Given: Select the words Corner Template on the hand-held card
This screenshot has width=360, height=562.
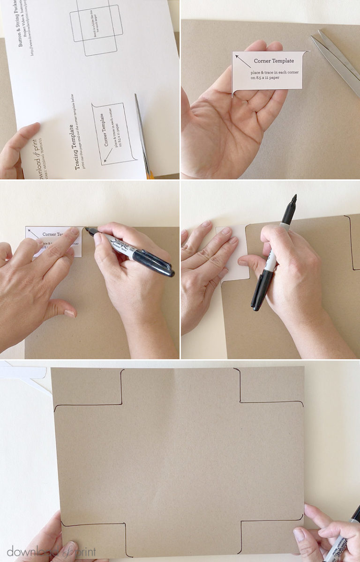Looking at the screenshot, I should pyautogui.click(x=274, y=61).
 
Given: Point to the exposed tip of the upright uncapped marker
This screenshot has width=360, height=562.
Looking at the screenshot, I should pyautogui.click(x=294, y=199).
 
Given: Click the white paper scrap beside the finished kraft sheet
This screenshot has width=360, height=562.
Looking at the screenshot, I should pyautogui.click(x=23, y=373).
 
